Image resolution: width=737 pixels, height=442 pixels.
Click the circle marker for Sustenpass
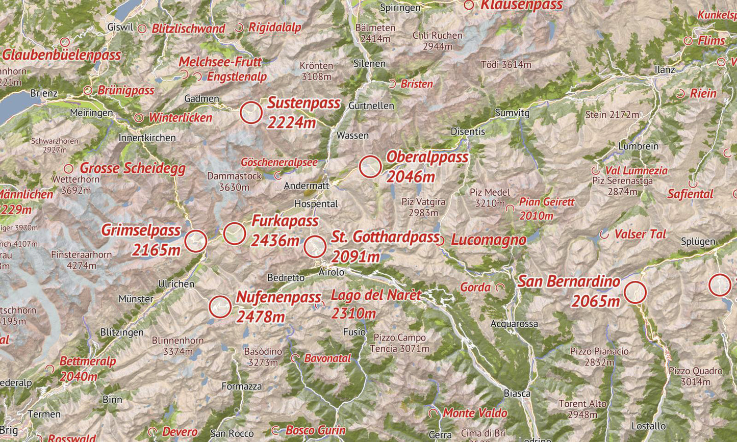pyautogui.click(x=251, y=113)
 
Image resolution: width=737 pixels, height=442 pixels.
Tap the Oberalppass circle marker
pyautogui.click(x=370, y=167)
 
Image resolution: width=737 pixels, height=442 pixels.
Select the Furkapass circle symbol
pyautogui.click(x=235, y=233)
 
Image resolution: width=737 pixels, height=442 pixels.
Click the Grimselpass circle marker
pyautogui.click(x=195, y=241)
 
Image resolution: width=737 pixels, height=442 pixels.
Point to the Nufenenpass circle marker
pyautogui.click(x=220, y=307)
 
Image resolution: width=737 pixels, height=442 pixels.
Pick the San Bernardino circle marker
pyautogui.click(x=636, y=292)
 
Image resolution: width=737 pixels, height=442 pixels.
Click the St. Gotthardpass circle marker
pyautogui.click(x=315, y=246)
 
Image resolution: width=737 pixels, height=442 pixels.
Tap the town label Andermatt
pyautogui.click(x=307, y=186)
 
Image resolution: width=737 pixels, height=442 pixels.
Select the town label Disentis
pyautogui.click(x=468, y=132)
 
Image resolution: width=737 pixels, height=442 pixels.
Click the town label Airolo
pyautogui.click(x=332, y=273)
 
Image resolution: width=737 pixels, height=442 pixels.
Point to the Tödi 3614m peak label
pyautogui.click(x=506, y=65)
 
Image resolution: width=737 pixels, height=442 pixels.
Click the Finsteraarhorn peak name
pyautogui.click(x=81, y=254)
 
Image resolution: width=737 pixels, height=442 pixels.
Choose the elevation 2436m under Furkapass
pyautogui.click(x=275, y=240)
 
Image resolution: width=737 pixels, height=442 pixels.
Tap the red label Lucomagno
pyautogui.click(x=488, y=240)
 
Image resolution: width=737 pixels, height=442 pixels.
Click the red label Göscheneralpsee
pyautogui.click(x=279, y=162)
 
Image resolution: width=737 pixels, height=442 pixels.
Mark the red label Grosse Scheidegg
pyautogui.click(x=132, y=169)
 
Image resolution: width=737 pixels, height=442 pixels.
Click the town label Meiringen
pyautogui.click(x=91, y=113)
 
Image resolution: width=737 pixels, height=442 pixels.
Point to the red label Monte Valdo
pyautogui.click(x=475, y=413)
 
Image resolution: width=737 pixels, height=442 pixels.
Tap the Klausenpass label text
pyautogui.click(x=521, y=5)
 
